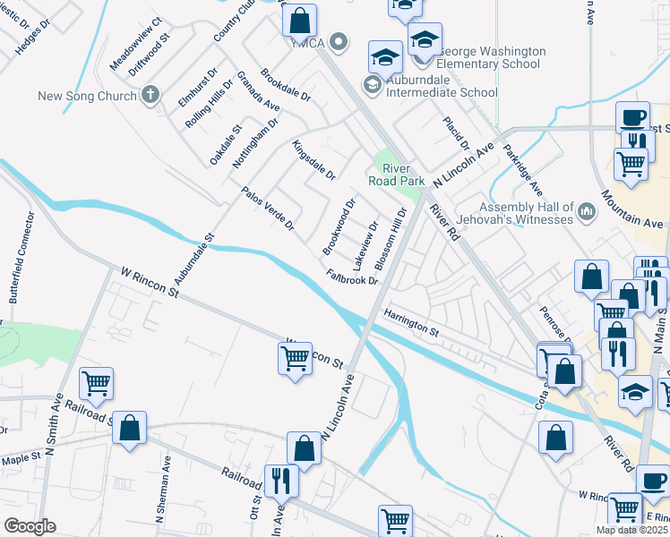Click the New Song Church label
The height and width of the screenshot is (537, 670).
click(86, 95)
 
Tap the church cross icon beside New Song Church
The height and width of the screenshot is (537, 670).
click(150, 94)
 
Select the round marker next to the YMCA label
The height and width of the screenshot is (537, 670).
click(339, 41)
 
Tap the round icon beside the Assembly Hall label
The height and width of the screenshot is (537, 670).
click(588, 212)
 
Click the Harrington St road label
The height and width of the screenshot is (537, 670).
click(411, 324)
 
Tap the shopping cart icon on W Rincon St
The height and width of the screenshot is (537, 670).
click(295, 359)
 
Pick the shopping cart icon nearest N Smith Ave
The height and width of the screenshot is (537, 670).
click(96, 384)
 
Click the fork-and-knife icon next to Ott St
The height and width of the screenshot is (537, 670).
click(282, 482)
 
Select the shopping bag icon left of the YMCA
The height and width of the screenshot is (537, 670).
click(299, 20)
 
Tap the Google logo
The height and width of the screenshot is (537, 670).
click(30, 526)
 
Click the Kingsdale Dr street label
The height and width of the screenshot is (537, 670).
click(314, 159)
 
